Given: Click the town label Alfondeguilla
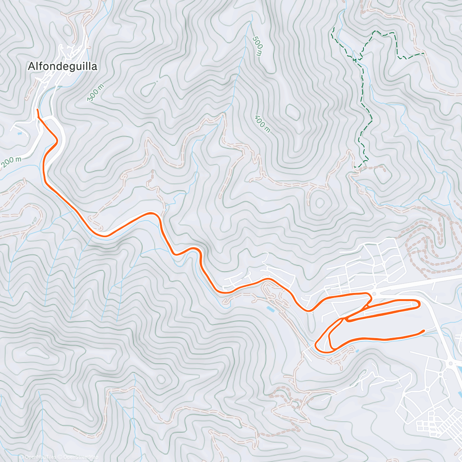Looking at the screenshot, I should click(62, 67).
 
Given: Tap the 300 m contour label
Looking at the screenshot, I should click(95, 93).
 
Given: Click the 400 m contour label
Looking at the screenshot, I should click(263, 124).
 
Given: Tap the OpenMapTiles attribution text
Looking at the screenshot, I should click(40, 457).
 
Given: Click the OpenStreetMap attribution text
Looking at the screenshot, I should click(81, 457).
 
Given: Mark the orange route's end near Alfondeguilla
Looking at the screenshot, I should click(37, 110).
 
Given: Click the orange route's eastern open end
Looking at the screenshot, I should click(424, 330).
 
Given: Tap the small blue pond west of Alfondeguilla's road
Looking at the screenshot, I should click(20, 134).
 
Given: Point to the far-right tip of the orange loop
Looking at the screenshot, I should click(419, 304).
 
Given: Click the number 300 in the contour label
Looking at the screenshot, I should click(94, 96).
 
